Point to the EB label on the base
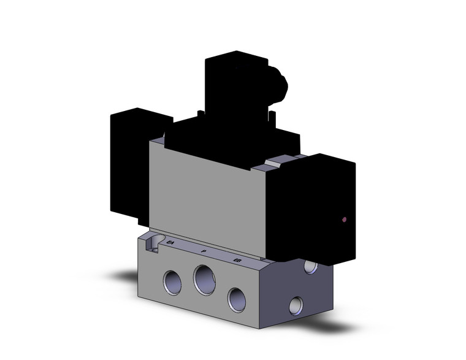click(237, 261)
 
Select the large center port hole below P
click(204, 279)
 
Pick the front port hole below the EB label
click(236, 298)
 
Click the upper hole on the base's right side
click(311, 267)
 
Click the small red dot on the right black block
click(344, 219)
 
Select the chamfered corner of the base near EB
click(264, 270)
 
